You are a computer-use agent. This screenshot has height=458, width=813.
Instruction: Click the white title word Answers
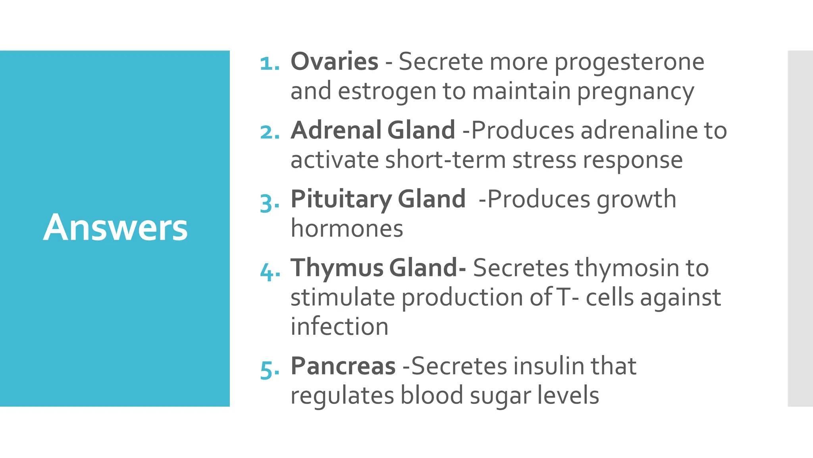point(115,228)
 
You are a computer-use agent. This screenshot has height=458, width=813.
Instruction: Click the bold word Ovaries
point(334,62)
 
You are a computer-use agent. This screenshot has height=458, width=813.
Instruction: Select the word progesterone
point(629,62)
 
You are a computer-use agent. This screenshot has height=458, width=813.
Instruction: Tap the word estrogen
point(386,91)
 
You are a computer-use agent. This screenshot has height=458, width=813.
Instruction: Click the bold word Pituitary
point(341,200)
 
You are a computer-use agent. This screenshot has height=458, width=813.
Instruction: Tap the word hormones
point(347,229)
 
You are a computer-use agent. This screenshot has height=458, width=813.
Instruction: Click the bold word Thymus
point(337,268)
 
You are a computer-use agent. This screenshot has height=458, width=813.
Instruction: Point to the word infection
point(339,327)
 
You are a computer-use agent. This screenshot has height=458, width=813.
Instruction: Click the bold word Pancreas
point(343,366)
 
